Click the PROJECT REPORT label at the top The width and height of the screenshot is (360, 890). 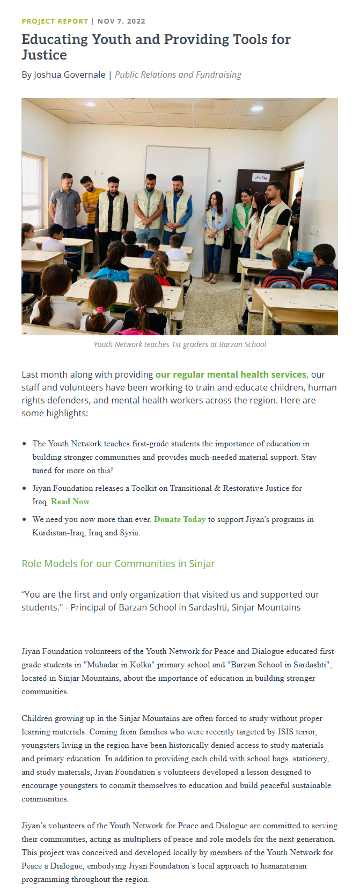click(x=55, y=21)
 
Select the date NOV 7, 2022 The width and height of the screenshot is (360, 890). click(x=121, y=21)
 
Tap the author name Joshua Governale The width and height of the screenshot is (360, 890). click(x=69, y=75)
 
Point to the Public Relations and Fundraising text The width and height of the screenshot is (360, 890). click(x=178, y=75)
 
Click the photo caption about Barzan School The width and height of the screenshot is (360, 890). click(x=180, y=344)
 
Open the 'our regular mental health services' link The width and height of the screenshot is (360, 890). click(x=231, y=374)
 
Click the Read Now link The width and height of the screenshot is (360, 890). click(x=70, y=502)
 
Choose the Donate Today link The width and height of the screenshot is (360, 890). click(x=180, y=519)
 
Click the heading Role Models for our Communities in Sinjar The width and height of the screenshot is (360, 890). click(x=118, y=564)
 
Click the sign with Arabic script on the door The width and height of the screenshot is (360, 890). click(x=261, y=176)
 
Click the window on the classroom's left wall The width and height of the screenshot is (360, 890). click(x=32, y=193)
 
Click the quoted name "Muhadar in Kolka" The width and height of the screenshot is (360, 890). click(x=117, y=665)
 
